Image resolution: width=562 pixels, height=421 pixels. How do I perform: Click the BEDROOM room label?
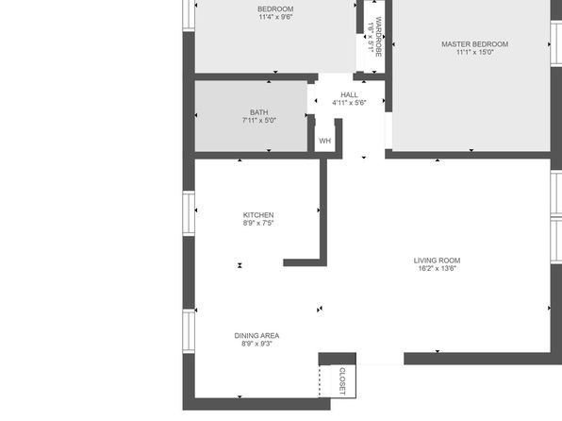click(275, 9)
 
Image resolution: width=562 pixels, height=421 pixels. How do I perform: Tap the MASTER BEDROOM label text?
click(474, 44)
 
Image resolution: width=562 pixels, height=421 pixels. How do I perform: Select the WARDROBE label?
click(379, 37)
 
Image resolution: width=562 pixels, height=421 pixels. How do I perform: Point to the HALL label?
click(349, 94)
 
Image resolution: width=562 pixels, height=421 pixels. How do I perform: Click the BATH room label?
click(258, 112)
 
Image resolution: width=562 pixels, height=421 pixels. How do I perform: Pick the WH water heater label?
click(324, 141)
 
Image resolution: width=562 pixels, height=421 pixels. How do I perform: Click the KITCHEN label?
click(258, 215)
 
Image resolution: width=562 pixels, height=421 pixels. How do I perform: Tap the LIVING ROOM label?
click(437, 261)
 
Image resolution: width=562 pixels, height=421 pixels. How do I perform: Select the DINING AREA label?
click(256, 336)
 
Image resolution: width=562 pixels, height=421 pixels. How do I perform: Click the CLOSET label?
click(342, 381)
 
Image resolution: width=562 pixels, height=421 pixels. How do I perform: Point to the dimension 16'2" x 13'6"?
click(437, 268)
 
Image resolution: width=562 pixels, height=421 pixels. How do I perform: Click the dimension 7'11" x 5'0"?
click(258, 120)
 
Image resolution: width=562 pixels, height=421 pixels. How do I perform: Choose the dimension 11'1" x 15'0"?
click(475, 52)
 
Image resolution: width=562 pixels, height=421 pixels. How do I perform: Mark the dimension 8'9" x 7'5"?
click(258, 223)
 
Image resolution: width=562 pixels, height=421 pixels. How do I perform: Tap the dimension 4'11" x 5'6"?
click(349, 103)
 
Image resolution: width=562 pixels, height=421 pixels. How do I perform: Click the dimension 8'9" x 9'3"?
click(256, 344)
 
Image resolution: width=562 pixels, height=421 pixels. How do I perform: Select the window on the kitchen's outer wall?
click(189, 213)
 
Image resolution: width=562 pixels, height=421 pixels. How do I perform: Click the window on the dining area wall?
click(189, 331)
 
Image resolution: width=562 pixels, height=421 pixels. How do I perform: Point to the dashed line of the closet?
click(319, 381)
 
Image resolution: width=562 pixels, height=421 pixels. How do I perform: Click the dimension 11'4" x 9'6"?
click(275, 17)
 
